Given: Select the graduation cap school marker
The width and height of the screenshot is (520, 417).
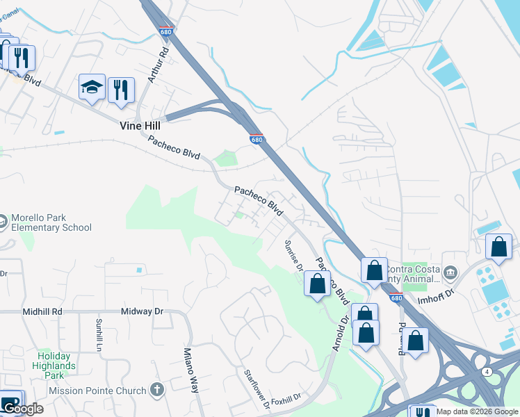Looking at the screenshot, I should tap(92, 88).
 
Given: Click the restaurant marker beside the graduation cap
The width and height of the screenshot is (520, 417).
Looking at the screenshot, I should tap(121, 90).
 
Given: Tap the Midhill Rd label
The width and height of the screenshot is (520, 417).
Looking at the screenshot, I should tap(42, 313).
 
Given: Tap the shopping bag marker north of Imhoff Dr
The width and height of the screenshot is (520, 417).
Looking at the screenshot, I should tap(498, 247).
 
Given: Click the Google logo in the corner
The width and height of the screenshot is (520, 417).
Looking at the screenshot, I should tap(23, 409).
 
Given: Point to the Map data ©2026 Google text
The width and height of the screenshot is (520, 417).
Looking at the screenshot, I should tap(476, 411).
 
